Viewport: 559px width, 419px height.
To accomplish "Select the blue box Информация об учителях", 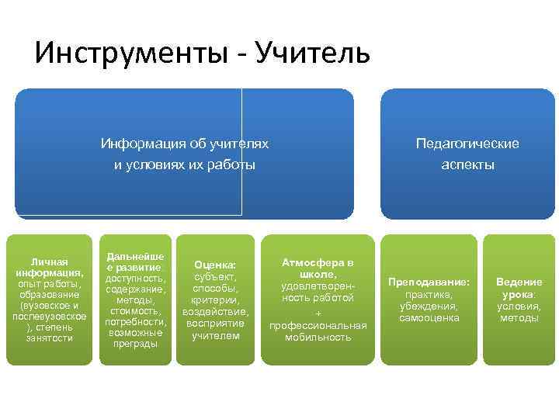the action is coord(184,154).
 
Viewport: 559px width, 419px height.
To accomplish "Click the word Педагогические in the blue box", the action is coord(467,144).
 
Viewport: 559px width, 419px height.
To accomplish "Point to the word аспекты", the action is coord(467,164).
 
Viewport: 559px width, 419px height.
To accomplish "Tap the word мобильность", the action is coord(318,337).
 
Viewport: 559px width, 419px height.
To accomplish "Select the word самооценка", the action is coord(429,318).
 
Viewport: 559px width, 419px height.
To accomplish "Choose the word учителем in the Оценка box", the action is coord(215,335).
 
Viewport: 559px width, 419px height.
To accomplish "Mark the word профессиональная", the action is coord(318,325).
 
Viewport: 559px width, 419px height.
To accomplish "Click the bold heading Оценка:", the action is coord(215,265).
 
